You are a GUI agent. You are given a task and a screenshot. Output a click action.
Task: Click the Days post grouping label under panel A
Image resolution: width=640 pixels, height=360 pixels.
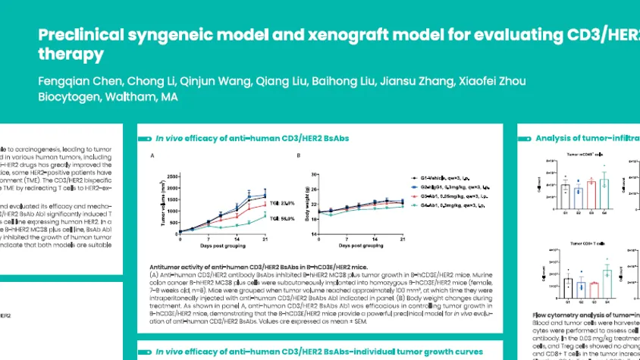(x=222, y=249)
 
